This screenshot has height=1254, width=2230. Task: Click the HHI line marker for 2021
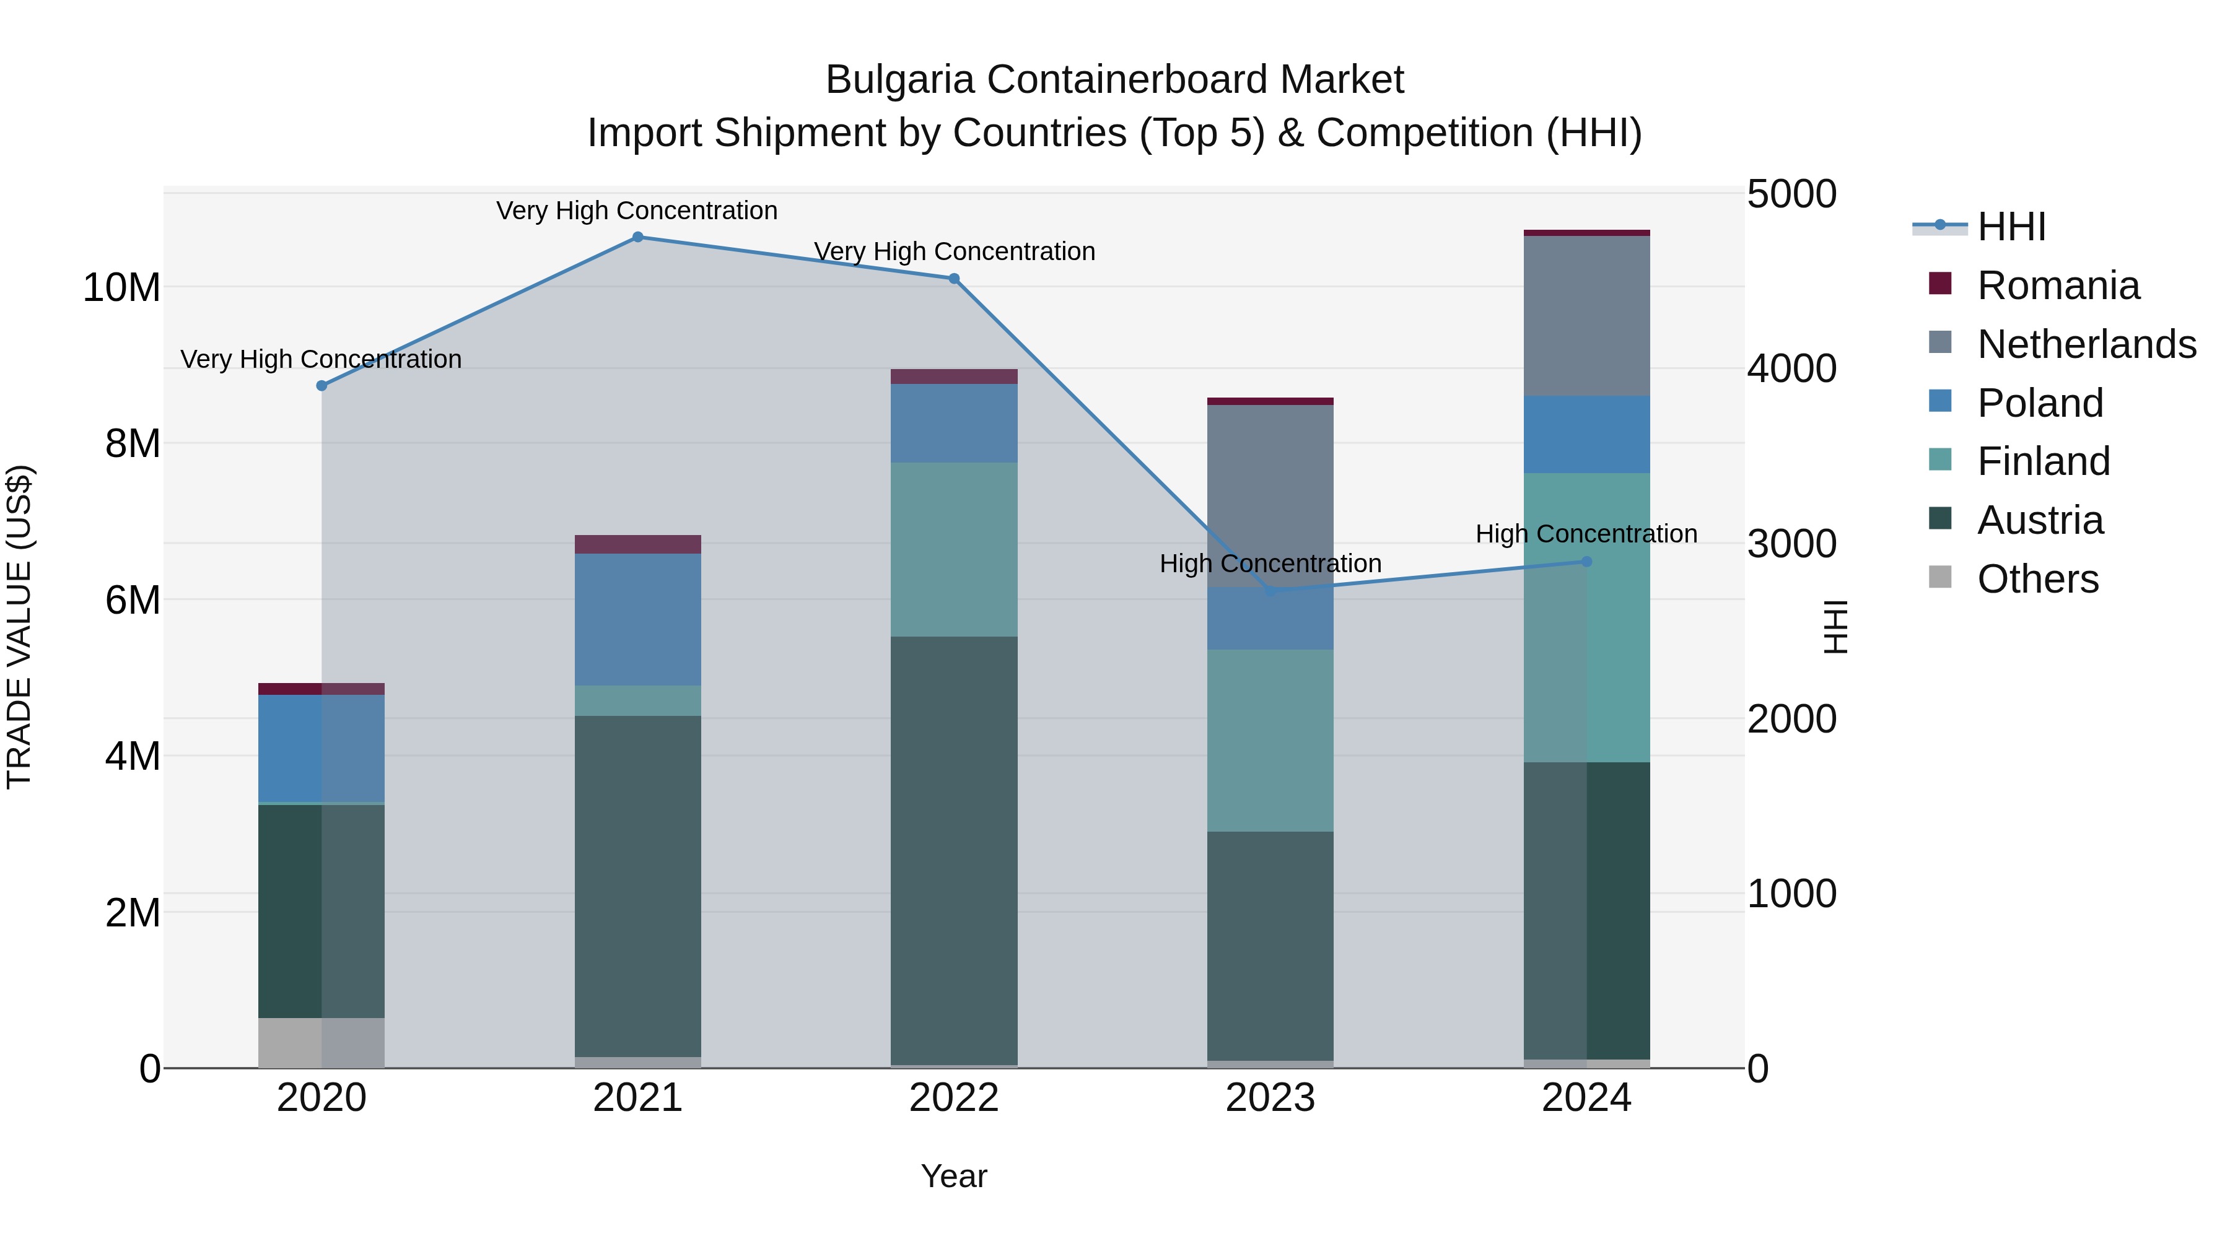click(637, 237)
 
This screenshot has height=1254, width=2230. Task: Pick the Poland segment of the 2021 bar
click(637, 620)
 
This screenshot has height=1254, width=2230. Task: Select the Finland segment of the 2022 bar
click(954, 549)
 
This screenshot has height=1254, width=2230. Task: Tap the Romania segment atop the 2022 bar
click(954, 377)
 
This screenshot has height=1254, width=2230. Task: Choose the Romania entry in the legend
click(2058, 285)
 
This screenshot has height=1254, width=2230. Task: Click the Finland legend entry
click(2043, 461)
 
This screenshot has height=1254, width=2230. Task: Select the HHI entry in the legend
click(2011, 227)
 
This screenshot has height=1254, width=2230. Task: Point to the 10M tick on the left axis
click(121, 287)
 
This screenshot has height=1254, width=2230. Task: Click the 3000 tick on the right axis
click(1791, 544)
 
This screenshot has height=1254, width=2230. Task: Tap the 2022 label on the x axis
click(954, 1098)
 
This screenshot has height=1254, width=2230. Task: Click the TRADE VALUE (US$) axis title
click(20, 627)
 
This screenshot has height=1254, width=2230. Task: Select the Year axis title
click(954, 1176)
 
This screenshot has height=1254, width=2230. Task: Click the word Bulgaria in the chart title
click(900, 80)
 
